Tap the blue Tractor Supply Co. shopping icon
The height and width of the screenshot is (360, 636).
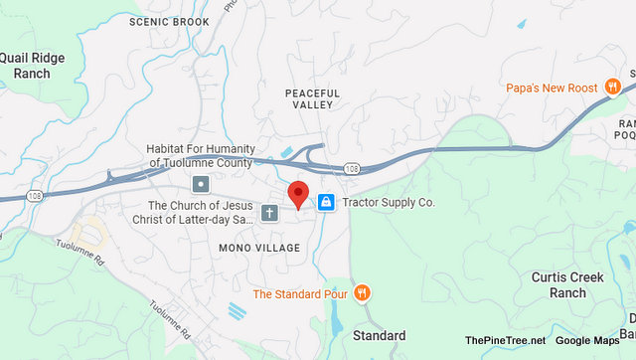point(325,202)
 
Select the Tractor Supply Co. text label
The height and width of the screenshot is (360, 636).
point(389,202)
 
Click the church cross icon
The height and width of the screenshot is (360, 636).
point(269,213)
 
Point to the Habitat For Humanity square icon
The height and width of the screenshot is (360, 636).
point(201,184)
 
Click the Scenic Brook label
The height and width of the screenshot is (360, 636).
point(170,22)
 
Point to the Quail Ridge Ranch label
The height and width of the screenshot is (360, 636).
point(33,66)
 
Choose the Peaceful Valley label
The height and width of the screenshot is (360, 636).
point(312,99)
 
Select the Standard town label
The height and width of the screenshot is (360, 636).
point(380,335)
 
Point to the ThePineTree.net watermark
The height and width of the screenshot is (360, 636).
point(505,341)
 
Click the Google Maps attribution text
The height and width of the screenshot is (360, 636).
point(587,341)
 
